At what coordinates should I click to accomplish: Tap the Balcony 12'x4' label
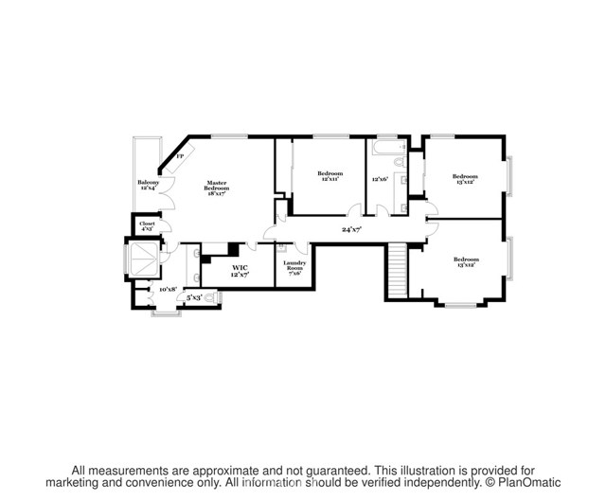pyautogui.click(x=148, y=185)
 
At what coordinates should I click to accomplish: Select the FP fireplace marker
pyautogui.click(x=179, y=155)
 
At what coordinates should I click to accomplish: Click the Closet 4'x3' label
pyautogui.click(x=148, y=226)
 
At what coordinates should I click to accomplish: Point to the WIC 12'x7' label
pyautogui.click(x=241, y=271)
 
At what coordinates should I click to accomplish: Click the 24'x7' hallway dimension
pyautogui.click(x=352, y=229)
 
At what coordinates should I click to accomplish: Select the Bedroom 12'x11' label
pyautogui.click(x=330, y=177)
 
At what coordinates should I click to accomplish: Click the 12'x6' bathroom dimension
pyautogui.click(x=381, y=179)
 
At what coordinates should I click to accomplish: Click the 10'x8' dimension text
pyautogui.click(x=168, y=289)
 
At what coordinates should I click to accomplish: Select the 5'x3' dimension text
pyautogui.click(x=193, y=297)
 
